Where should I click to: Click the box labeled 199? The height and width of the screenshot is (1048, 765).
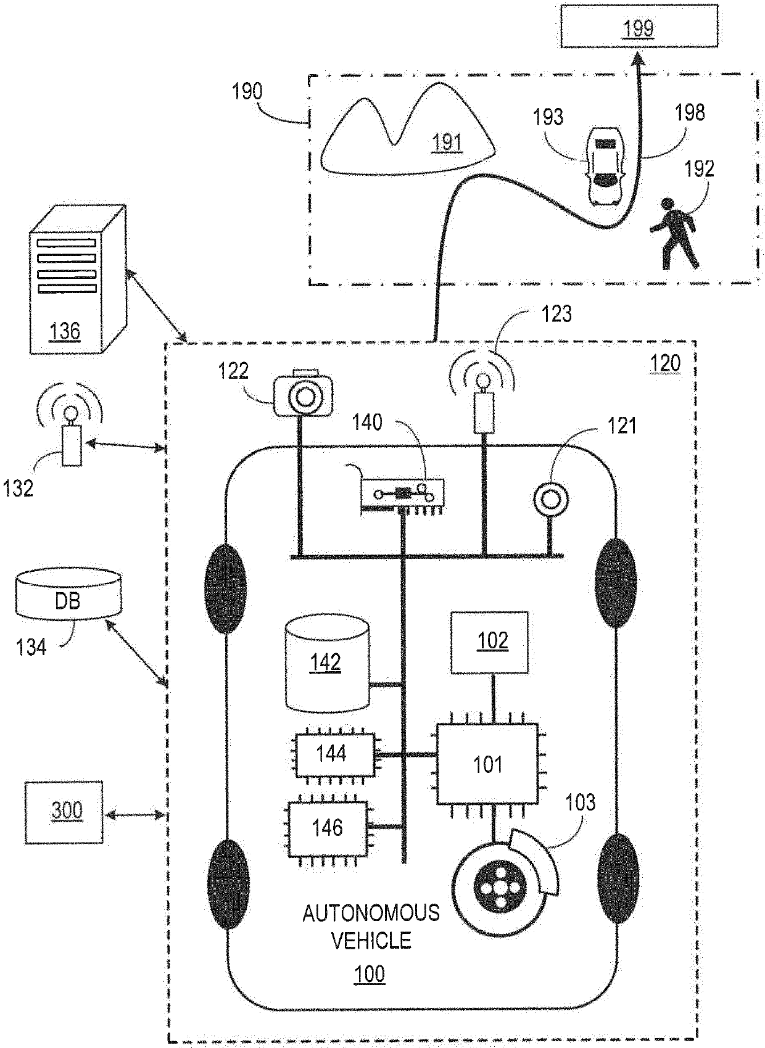[639, 26]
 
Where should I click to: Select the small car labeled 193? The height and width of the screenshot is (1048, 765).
[606, 165]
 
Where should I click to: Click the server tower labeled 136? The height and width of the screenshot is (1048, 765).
[77, 279]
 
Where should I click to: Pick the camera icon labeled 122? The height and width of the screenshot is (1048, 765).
[304, 392]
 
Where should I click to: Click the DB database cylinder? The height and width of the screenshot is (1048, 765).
[68, 594]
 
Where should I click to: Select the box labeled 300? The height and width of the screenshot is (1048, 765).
[64, 812]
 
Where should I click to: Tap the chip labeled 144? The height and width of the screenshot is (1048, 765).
[335, 754]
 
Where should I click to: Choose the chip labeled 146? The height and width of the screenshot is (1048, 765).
[328, 829]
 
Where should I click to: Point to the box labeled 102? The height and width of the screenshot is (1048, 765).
[489, 642]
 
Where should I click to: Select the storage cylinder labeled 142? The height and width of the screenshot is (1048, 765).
[327, 663]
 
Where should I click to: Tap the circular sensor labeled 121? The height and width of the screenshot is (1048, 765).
[551, 499]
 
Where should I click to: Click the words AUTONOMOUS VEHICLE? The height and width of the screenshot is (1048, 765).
[371, 926]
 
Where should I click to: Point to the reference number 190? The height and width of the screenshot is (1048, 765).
[247, 91]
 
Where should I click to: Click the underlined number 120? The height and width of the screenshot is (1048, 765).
[665, 363]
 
